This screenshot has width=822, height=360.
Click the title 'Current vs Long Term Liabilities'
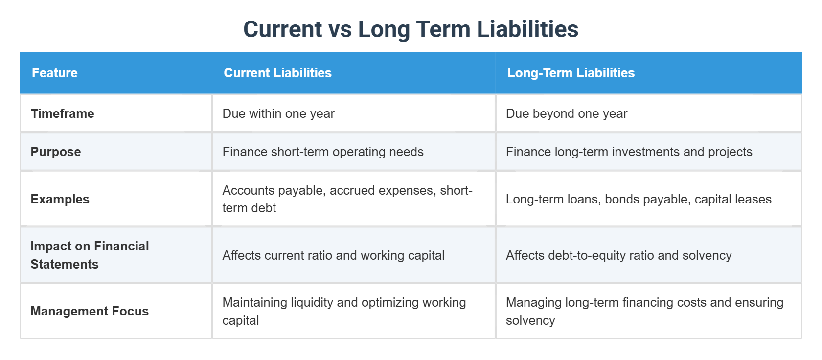(411, 29)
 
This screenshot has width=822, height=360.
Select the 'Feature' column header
(55, 73)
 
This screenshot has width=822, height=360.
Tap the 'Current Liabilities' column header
(277, 73)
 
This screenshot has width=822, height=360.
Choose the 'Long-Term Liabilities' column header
(571, 73)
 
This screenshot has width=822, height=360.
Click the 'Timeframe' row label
(63, 113)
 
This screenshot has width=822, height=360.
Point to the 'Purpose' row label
(56, 152)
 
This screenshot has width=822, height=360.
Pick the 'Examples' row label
(60, 199)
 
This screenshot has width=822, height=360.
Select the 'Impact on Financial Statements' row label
(90, 255)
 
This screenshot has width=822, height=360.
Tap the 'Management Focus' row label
(90, 311)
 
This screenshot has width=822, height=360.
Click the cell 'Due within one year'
(278, 113)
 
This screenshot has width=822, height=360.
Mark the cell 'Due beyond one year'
(567, 113)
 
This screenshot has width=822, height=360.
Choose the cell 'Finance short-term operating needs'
(323, 152)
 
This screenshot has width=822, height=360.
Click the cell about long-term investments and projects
(629, 152)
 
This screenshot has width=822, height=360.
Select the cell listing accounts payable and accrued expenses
(347, 199)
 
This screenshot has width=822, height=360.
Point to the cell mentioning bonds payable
(639, 199)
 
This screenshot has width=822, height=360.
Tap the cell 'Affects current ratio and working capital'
(333, 255)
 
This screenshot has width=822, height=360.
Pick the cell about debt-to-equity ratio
(618, 255)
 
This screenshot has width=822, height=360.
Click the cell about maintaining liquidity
(344, 311)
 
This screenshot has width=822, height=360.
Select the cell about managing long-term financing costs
(644, 311)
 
